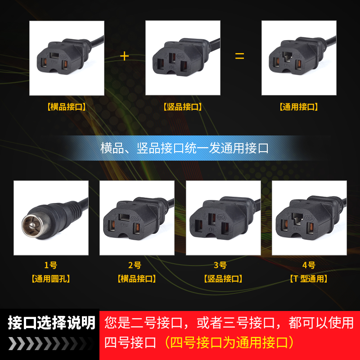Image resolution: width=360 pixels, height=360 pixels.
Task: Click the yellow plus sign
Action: (x=125, y=56)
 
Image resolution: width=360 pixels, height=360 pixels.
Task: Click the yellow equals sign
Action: (x=239, y=57)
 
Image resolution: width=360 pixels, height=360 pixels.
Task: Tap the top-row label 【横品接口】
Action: (x=66, y=107)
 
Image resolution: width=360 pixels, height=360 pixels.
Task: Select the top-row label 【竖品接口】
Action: (x=182, y=107)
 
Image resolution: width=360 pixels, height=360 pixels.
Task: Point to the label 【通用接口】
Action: (x=299, y=107)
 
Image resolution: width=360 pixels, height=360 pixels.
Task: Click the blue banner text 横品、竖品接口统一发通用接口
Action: (x=184, y=148)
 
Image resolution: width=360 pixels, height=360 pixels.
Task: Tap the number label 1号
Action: (x=50, y=265)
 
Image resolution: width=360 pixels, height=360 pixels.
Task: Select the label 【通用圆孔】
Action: (x=50, y=279)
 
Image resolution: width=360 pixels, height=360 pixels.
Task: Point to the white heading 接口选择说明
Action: (x=51, y=323)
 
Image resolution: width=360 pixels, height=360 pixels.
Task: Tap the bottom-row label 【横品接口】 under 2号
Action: (x=136, y=279)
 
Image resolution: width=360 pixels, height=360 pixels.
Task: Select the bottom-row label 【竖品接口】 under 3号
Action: (x=223, y=279)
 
